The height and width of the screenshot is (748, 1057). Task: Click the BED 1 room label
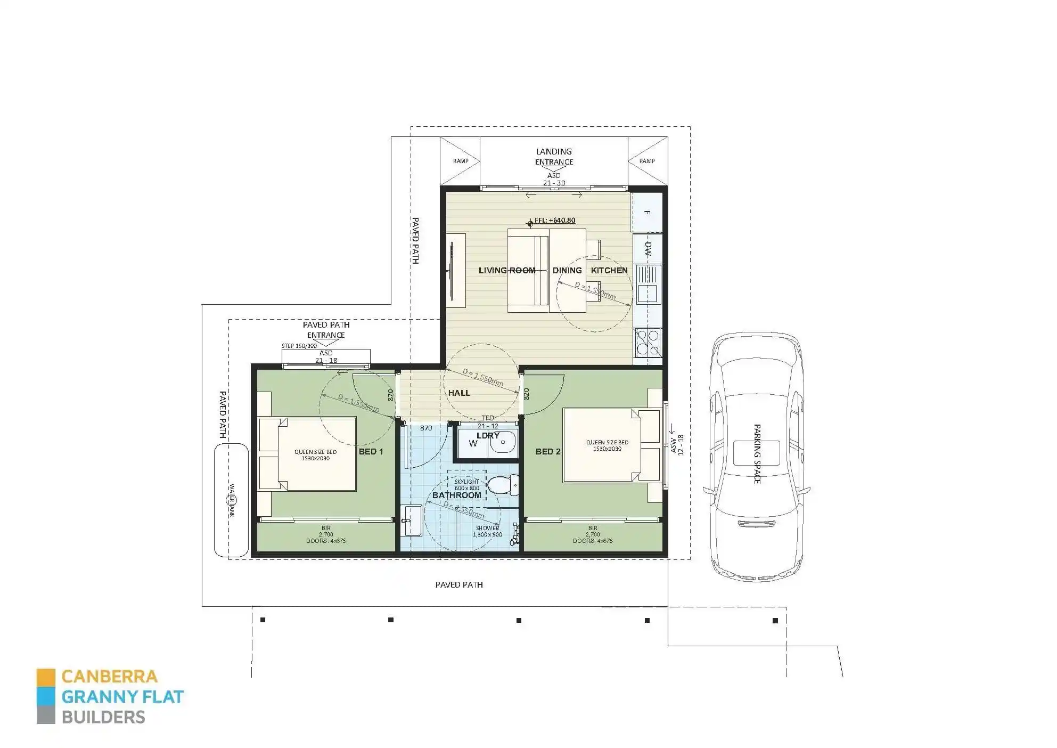(371, 451)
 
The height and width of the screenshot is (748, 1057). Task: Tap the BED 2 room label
(547, 451)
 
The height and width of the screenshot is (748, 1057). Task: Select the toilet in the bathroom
(502, 485)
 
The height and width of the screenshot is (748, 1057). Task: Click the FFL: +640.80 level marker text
(554, 220)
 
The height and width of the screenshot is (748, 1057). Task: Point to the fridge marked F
(647, 212)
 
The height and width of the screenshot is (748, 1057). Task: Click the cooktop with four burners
(648, 343)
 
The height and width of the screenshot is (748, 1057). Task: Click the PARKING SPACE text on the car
(757, 454)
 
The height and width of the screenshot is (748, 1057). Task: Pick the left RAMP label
(461, 161)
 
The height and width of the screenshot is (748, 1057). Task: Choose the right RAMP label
(647, 161)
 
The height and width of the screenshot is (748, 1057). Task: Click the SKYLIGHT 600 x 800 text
(466, 485)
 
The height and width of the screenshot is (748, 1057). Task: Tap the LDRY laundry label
(488, 435)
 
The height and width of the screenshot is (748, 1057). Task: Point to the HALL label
(459, 393)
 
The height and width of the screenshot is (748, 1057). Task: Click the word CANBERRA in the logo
(109, 677)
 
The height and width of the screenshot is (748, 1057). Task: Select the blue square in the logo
(46, 696)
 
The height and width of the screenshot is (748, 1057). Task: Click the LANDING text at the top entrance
(554, 152)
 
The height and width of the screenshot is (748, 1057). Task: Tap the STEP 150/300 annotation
(299, 346)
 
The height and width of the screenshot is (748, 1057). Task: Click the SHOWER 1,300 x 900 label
(487, 531)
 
